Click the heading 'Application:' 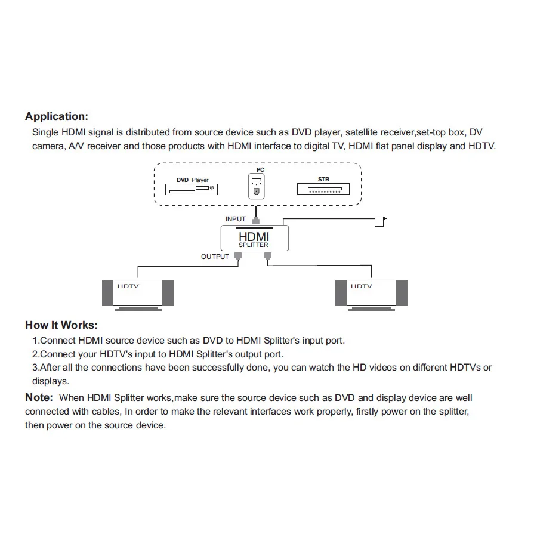(56, 116)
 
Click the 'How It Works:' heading (61, 325)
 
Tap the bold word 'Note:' (39, 397)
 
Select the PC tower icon (257, 186)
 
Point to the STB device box (320, 189)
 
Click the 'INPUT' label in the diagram (236, 220)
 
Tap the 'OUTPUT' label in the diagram (215, 257)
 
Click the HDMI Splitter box (255, 238)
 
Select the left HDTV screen (138, 292)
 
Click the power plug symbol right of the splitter (379, 221)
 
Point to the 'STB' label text (323, 179)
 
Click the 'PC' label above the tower (260, 170)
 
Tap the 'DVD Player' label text (192, 180)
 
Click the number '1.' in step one (35, 341)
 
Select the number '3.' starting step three (35, 368)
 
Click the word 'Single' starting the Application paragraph (45, 132)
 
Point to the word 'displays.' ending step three (51, 381)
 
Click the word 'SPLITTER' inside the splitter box (254, 245)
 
